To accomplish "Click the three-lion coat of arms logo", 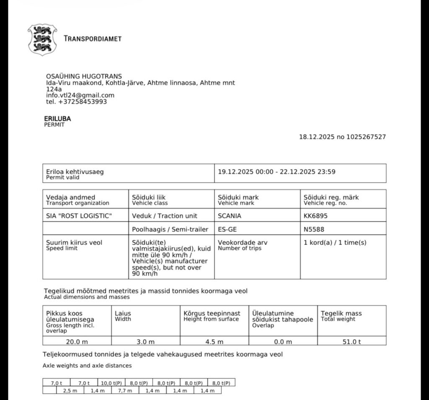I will tap(42, 39).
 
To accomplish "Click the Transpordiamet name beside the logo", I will tap(92, 39).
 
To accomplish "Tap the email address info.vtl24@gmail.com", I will tap(80, 95).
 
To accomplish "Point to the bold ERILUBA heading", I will tap(57, 119).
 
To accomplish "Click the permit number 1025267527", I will tap(367, 137).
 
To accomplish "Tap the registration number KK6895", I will tap(315, 216).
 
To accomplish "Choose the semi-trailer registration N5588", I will tap(314, 229).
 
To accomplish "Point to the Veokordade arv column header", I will tap(243, 243).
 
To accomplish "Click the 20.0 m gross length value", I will tap(77, 341).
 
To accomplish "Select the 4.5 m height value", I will tap(214, 341).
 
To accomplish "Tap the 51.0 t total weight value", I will tap(351, 341).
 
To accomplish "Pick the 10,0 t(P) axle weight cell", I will tap(111, 383).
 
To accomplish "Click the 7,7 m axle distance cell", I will tap(125, 390).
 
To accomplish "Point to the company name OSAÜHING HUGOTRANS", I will tap(84, 76).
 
